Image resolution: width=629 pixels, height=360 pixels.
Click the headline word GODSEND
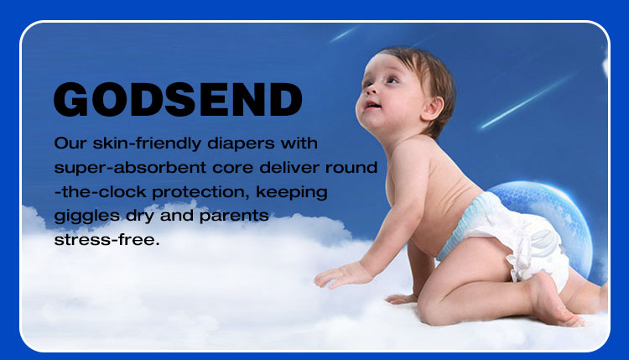(178, 100)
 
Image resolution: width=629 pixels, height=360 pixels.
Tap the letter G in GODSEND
(71, 100)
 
